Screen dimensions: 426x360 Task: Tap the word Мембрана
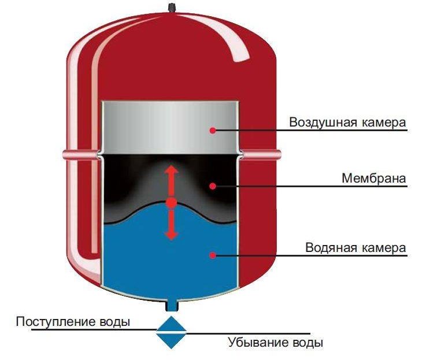374,178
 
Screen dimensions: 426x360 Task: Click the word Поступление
56,322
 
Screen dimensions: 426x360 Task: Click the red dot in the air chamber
213,131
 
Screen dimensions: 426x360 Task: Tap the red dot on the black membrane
213,186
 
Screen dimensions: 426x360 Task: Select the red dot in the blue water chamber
213,255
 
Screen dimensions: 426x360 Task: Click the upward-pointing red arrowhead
172,169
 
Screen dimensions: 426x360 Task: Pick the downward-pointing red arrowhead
172,235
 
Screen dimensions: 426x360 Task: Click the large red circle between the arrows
171,203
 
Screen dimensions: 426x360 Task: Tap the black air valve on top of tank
171,7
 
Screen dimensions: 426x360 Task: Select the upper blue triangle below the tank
172,324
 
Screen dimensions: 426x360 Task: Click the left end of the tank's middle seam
63,154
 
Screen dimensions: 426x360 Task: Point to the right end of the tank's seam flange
280,154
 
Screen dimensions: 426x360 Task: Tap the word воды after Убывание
308,343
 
